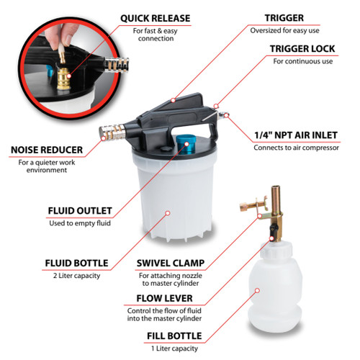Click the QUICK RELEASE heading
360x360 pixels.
coord(156,19)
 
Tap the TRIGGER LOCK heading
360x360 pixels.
coord(302,49)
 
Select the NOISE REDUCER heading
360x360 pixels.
coord(47,150)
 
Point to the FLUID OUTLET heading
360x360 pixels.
coord(80,211)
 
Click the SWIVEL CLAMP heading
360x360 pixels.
coord(171,264)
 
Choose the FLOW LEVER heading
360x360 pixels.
coord(164,298)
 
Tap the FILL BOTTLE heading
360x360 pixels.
coord(174,336)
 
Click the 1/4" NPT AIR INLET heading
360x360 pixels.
coord(296,135)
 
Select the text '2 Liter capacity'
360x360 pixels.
coord(76,276)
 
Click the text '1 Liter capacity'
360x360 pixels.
coord(174,348)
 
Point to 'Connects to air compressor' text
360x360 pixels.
coord(297,148)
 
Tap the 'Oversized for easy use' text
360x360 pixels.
coord(284,30)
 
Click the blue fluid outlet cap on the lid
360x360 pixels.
coord(185,144)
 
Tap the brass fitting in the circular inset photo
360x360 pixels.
coord(63,78)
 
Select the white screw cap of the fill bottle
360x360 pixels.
coord(276,250)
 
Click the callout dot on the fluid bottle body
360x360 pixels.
coord(168,213)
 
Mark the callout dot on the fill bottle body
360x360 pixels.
coord(257,291)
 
